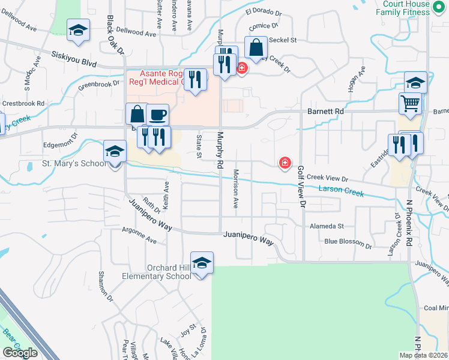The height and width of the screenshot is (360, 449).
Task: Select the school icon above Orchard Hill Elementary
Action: pos(202,263)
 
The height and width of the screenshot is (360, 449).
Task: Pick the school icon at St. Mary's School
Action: pos(115,152)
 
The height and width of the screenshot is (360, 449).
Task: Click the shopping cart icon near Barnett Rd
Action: pos(411,104)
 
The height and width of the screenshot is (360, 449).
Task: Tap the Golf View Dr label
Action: pos(301,187)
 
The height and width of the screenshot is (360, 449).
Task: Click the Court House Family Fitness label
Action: pos(406,8)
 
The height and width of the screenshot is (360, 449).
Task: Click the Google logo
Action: pos(20,353)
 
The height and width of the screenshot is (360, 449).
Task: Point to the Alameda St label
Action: pos(327,226)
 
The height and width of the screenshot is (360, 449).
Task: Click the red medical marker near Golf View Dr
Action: pos(285,163)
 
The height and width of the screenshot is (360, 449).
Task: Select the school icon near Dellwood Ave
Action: pos(78,31)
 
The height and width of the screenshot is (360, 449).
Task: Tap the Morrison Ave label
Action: pos(237,191)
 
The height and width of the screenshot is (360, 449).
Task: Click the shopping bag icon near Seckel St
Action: pos(256,47)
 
